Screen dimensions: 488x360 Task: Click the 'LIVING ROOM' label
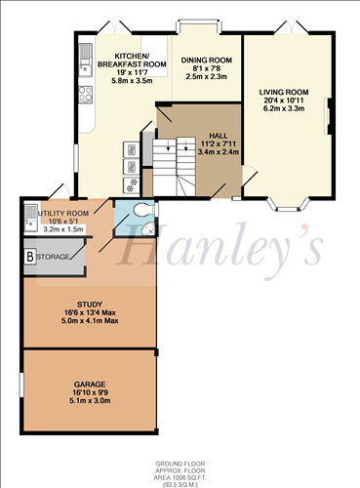pyautogui.click(x=283, y=94)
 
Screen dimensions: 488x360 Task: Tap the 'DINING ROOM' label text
pyautogui.click(x=207, y=61)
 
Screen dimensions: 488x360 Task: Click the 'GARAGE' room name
pyautogui.click(x=89, y=385)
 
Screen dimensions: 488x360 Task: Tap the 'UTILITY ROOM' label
pyautogui.click(x=65, y=214)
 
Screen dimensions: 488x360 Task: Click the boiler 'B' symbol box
pyautogui.click(x=30, y=256)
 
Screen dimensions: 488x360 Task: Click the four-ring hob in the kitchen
pyautogui.click(x=85, y=96)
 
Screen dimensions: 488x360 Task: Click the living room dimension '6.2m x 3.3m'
pyautogui.click(x=283, y=109)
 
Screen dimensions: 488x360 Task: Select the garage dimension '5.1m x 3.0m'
pyautogui.click(x=89, y=400)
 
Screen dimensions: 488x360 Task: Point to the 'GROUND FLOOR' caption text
pyautogui.click(x=180, y=464)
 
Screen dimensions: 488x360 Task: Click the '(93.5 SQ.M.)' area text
pyautogui.click(x=180, y=483)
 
